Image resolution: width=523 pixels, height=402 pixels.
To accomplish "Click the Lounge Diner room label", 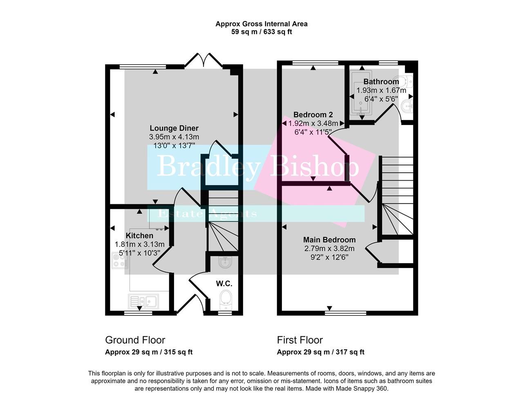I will click(x=174, y=128).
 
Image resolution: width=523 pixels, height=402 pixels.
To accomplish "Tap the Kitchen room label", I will click(x=139, y=236).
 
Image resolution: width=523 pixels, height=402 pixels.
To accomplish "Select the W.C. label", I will click(x=224, y=284).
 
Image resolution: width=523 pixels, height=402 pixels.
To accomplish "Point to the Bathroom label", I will click(x=381, y=82).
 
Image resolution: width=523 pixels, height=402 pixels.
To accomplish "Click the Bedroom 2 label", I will click(x=310, y=115).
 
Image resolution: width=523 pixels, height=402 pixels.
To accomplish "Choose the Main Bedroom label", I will click(x=329, y=240).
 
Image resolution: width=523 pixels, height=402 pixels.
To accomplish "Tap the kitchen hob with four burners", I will click(x=120, y=260).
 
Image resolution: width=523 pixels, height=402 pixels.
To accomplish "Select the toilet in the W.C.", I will click(x=225, y=299).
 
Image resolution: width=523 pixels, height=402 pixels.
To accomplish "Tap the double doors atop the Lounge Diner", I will click(x=203, y=60).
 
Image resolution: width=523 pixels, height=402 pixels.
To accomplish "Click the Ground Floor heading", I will click(x=135, y=340).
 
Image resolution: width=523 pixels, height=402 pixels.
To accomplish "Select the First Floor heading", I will click(x=300, y=340).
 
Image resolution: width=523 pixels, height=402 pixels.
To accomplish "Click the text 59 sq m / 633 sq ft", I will click(x=261, y=32).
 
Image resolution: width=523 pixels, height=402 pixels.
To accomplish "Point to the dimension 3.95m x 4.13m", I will click(x=174, y=137).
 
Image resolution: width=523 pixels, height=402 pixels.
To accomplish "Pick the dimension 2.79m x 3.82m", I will click(x=329, y=248).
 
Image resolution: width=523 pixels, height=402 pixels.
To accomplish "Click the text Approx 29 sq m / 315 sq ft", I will click(x=149, y=352).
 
